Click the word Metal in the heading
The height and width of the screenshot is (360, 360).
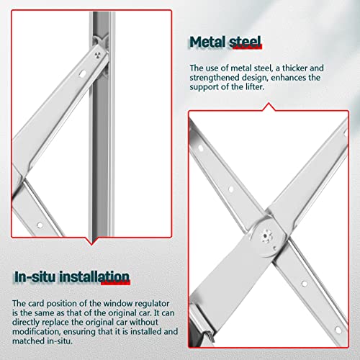pyautogui.click(x=208, y=42)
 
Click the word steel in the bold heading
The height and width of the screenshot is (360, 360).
pyautogui.click(x=245, y=42)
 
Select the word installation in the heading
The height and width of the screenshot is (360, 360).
pyautogui.click(x=94, y=276)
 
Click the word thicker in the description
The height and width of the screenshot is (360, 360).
pyautogui.click(x=294, y=68)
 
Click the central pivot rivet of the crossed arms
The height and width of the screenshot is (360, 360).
pyautogui.click(x=265, y=236)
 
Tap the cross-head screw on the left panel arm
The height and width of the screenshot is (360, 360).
pyautogui.click(x=97, y=55)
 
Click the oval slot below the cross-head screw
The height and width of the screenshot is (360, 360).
pyautogui.click(x=83, y=73)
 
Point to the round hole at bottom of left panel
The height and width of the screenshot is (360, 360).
pyautogui.click(x=40, y=225)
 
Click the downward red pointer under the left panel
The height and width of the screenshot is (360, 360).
pyautogui.click(x=91, y=241)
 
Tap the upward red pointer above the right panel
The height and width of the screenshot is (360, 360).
pyautogui.click(x=269, y=107)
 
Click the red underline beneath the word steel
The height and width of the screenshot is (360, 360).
pyautogui.click(x=248, y=48)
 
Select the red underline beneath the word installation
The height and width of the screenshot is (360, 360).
pyautogui.click(x=116, y=283)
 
